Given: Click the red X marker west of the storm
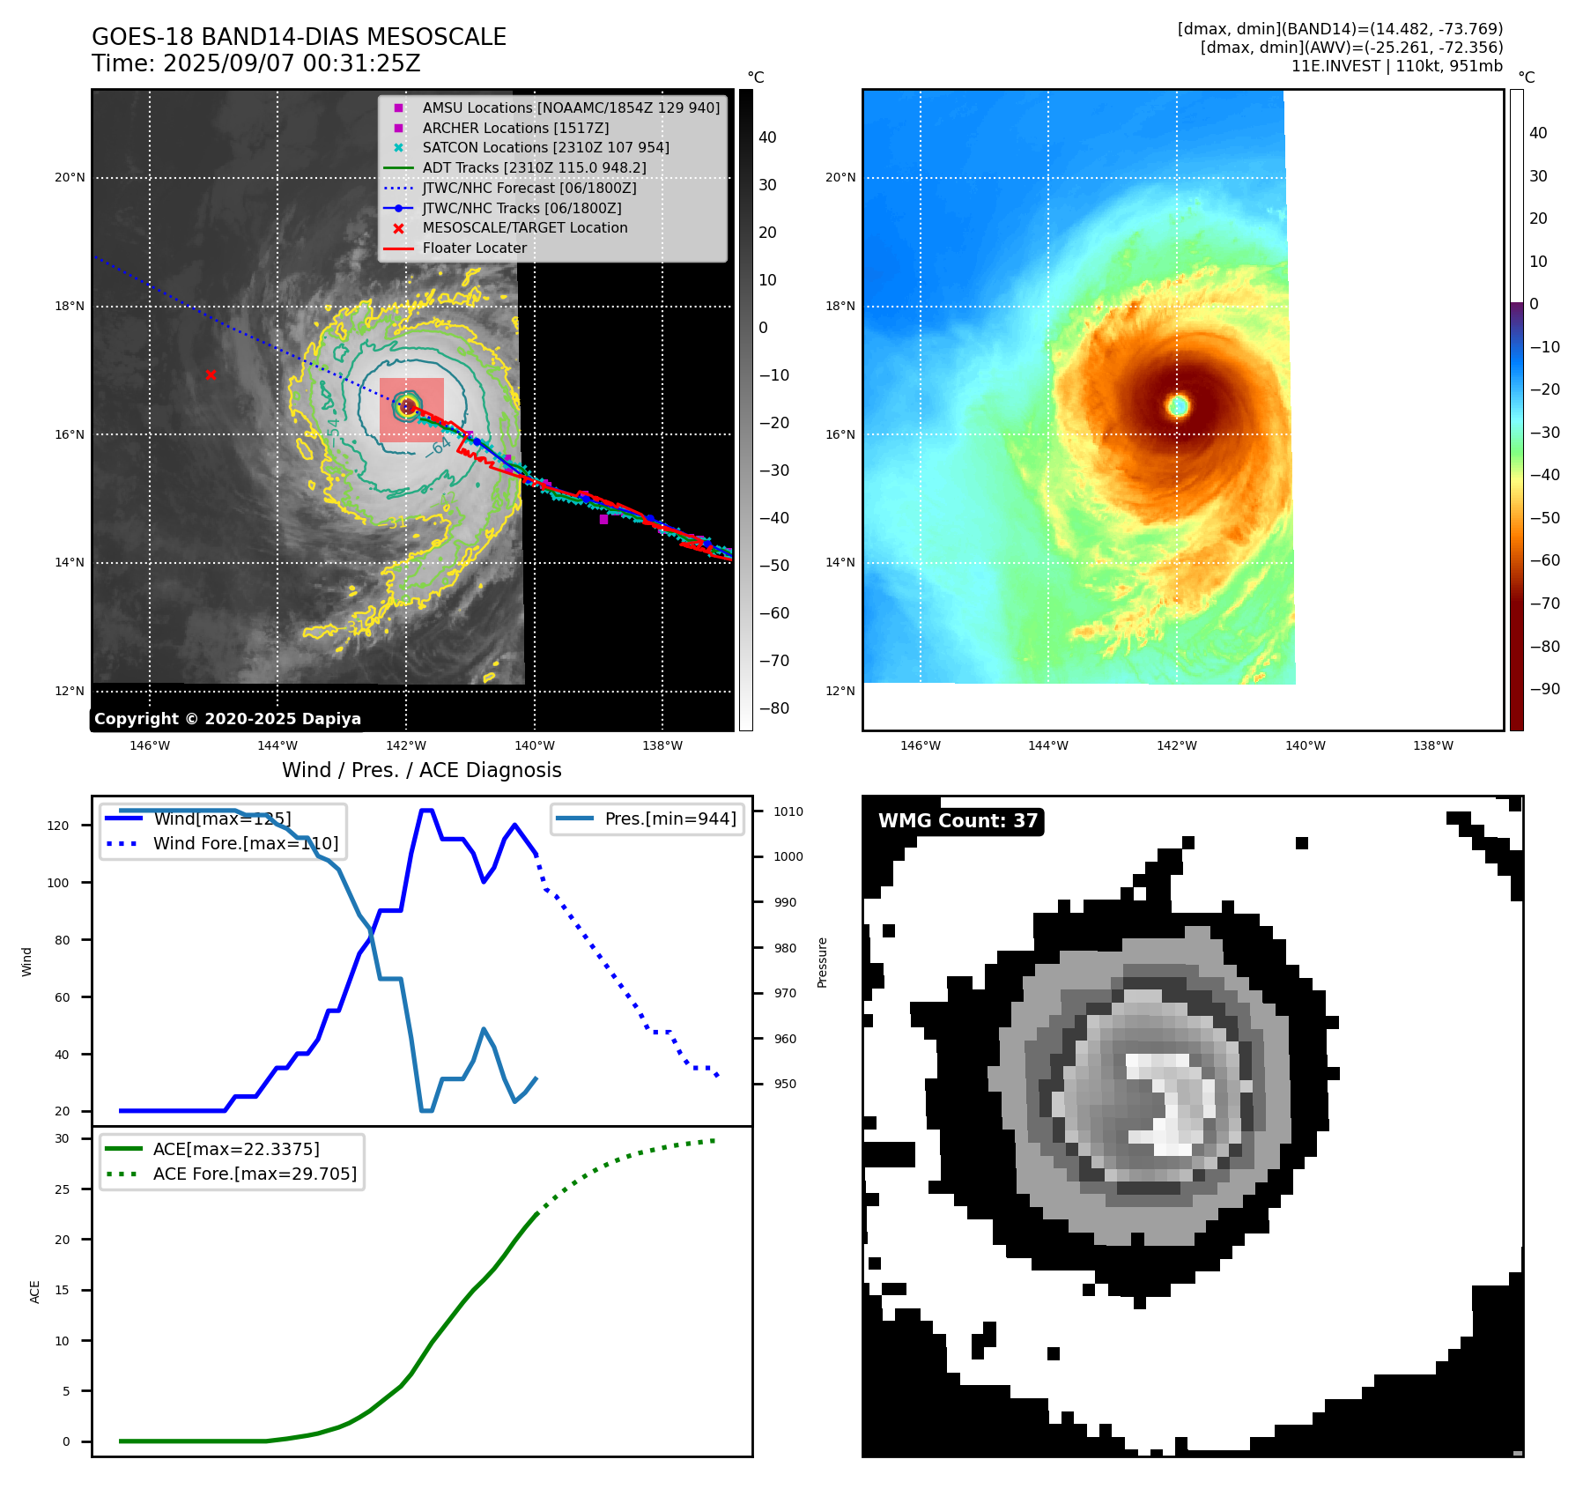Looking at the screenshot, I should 211,375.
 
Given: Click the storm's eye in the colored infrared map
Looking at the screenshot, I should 1179,405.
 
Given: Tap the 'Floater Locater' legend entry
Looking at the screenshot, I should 474,248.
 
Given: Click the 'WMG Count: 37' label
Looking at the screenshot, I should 958,821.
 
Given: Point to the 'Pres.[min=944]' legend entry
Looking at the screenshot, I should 669,819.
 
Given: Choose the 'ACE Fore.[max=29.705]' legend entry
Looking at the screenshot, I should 255,1174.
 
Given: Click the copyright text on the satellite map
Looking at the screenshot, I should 227,719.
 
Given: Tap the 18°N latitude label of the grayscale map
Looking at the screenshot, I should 70,307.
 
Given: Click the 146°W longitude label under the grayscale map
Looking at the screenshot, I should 150,745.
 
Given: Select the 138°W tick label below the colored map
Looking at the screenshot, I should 1433,745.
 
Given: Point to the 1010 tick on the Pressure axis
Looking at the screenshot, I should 788,811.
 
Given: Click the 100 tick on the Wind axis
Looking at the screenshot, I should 58,883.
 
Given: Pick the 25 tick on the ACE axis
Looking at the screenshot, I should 62,1189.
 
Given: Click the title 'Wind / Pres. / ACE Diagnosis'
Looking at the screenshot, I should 421,770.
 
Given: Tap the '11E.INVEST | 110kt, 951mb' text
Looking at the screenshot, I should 1396,66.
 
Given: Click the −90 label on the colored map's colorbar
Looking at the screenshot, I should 1544,689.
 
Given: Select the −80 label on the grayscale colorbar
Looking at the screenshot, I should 773,708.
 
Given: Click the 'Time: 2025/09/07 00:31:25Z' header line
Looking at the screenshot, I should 256,63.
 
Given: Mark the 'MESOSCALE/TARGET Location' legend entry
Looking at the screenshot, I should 524,227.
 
